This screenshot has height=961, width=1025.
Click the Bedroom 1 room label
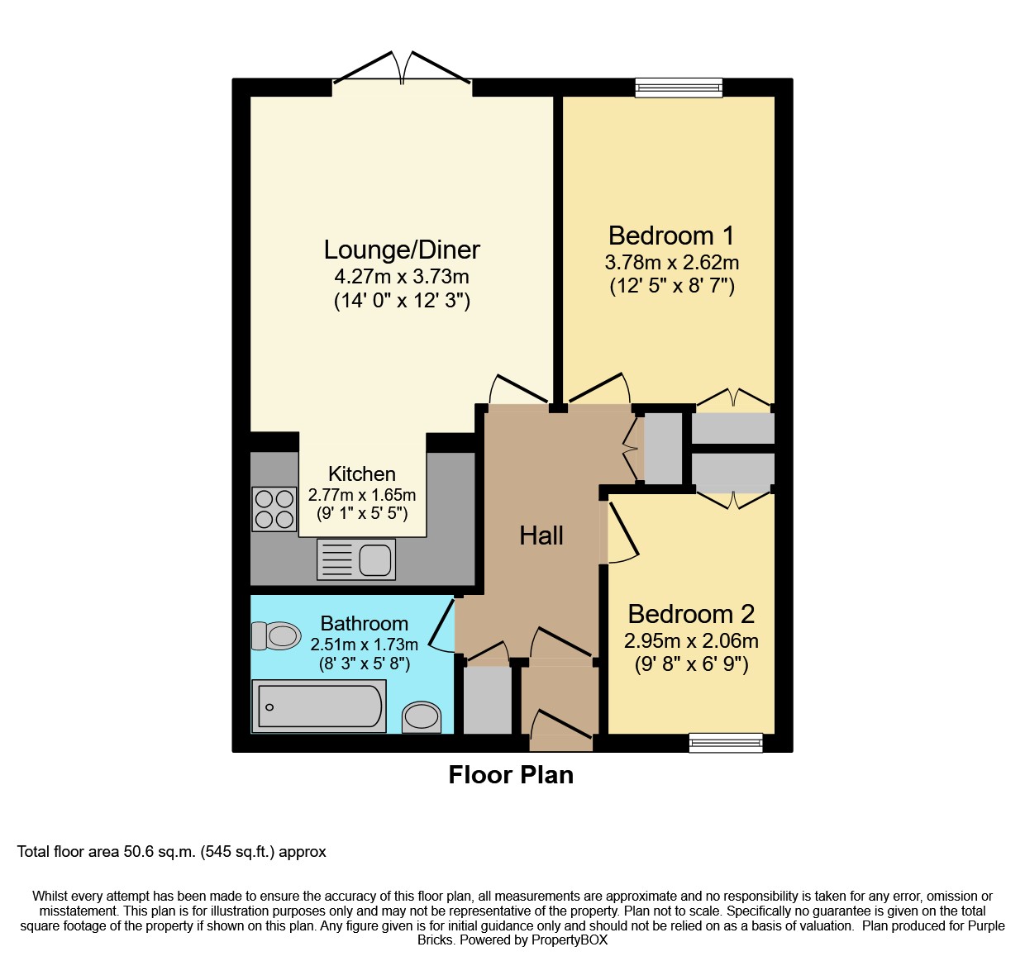point(671,235)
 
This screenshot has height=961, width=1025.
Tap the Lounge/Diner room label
point(402,250)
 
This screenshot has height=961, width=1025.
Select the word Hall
point(541,535)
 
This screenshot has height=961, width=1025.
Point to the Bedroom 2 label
point(691,614)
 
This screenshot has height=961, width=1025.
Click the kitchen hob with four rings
point(274,509)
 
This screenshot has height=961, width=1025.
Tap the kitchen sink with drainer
point(356,559)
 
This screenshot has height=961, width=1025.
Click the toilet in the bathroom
point(276,635)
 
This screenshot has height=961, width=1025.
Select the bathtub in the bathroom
point(319,706)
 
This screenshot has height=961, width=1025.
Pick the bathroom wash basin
point(422,717)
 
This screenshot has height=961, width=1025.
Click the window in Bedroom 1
point(679,88)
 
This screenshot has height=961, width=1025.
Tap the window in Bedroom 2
point(726,743)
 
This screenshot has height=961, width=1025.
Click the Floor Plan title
point(511,775)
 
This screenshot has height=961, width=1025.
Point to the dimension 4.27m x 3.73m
point(402,277)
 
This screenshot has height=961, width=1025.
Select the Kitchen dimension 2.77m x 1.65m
point(362,495)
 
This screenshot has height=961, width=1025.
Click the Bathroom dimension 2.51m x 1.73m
point(364,644)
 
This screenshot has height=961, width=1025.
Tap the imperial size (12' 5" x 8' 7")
point(672,285)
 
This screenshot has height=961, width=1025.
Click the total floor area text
point(171,852)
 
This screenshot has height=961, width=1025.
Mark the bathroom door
point(441,625)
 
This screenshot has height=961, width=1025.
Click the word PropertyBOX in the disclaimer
point(570,940)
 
